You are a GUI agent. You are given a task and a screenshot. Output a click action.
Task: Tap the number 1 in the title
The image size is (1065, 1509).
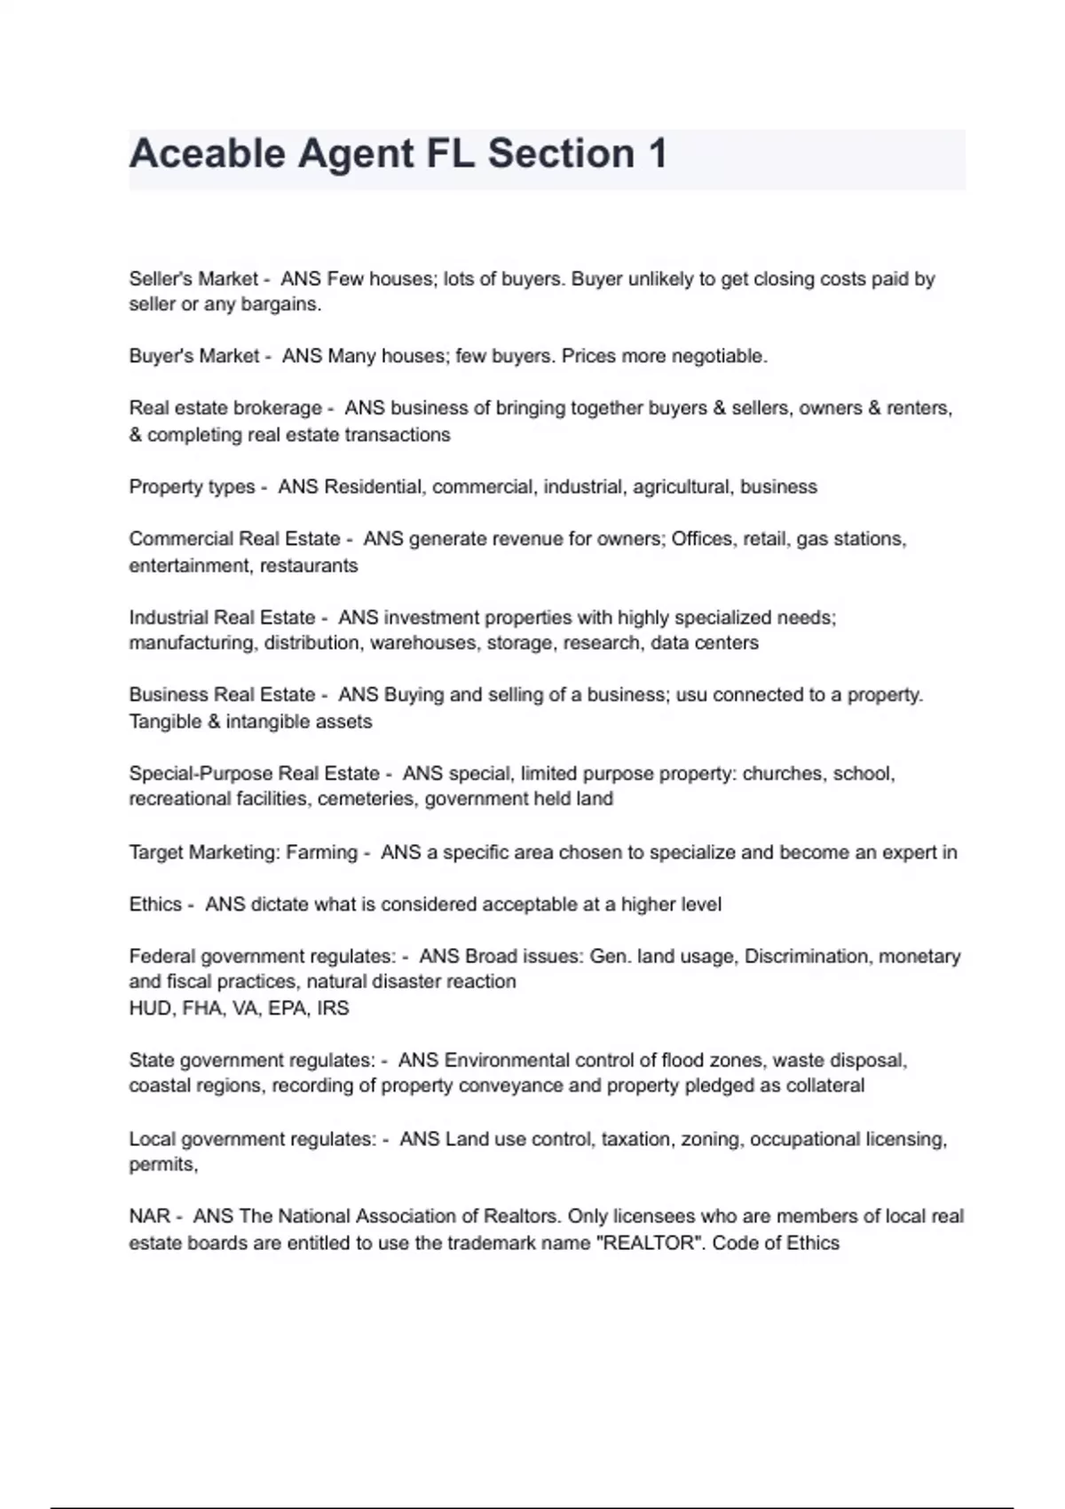click(657, 154)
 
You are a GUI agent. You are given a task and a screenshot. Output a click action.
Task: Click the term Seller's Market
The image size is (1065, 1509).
click(193, 279)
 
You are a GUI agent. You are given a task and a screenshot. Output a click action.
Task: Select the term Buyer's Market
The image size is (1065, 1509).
click(193, 356)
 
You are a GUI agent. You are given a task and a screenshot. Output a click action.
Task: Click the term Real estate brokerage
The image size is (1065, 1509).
click(225, 408)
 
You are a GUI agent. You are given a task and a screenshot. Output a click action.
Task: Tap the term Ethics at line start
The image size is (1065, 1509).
click(155, 905)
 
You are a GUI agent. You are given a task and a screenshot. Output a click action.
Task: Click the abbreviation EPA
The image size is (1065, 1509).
click(287, 1008)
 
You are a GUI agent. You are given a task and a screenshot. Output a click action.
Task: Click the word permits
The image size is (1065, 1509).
click(162, 1165)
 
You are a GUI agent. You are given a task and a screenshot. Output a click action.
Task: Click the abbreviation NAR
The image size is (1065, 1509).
click(149, 1216)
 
